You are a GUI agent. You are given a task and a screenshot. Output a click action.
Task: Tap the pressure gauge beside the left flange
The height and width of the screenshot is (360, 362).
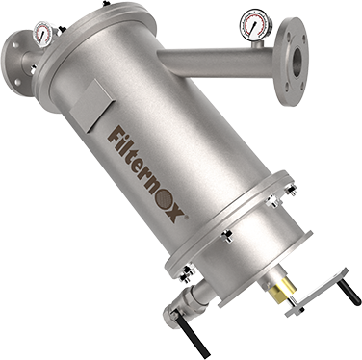pos(43,34)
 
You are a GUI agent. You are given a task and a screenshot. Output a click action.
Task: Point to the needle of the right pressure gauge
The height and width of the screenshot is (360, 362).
pos(253,26)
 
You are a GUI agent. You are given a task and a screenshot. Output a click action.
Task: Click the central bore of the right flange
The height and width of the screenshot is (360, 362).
pos(297,61)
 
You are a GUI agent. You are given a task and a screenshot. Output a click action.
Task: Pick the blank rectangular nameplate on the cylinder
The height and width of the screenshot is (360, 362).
pos(90,105)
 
